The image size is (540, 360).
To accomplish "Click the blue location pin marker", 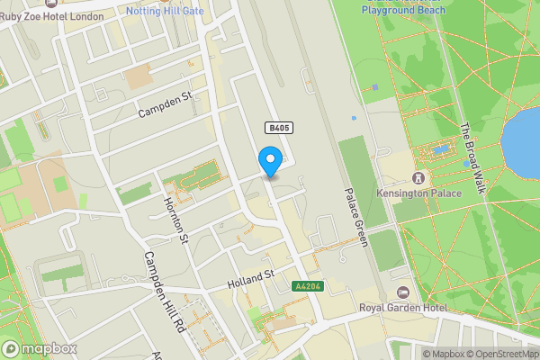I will (270, 160).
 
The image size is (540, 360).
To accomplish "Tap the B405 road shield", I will (278, 129).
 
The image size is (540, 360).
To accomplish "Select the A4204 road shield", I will (307, 287).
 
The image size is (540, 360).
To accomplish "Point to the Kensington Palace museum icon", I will (418, 177).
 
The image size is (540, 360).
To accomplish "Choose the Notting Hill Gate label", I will (165, 11).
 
